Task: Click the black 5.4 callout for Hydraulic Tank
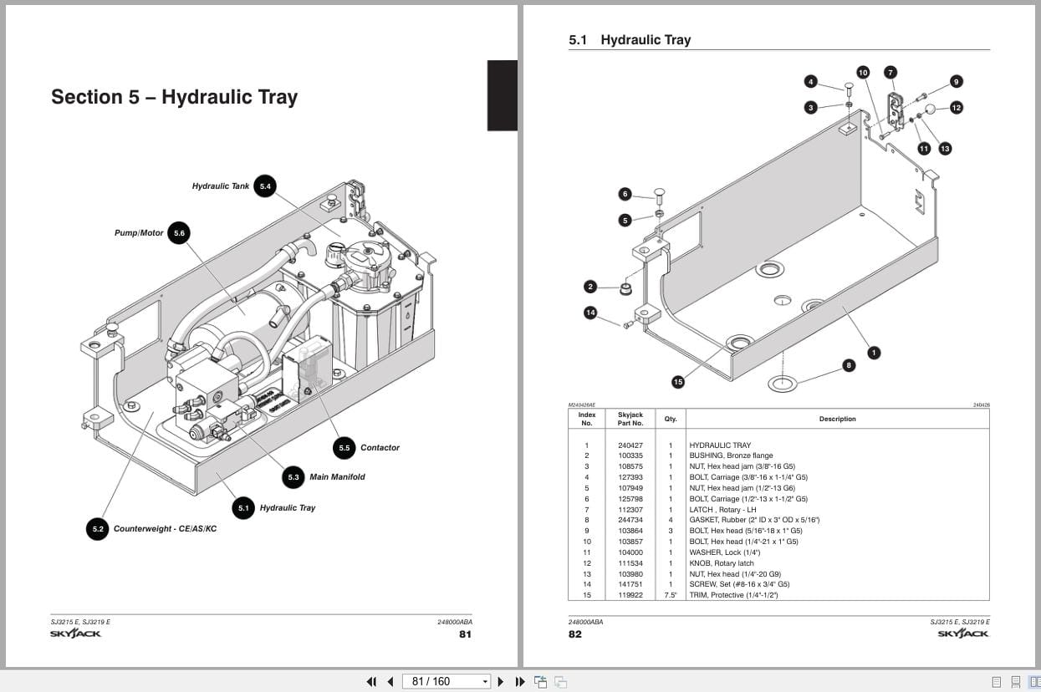265,186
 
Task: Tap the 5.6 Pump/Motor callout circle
179,233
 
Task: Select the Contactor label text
380,448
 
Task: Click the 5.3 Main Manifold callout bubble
293,477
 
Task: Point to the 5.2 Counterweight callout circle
98,529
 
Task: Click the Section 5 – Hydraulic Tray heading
174,97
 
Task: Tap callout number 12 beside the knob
956,107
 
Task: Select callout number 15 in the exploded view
678,382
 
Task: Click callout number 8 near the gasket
849,365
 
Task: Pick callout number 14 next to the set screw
590,313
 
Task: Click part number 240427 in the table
630,445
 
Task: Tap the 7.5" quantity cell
671,595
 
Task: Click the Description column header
837,419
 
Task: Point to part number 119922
630,595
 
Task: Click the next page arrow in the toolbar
501,681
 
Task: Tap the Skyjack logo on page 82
962,633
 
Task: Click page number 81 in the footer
465,633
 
